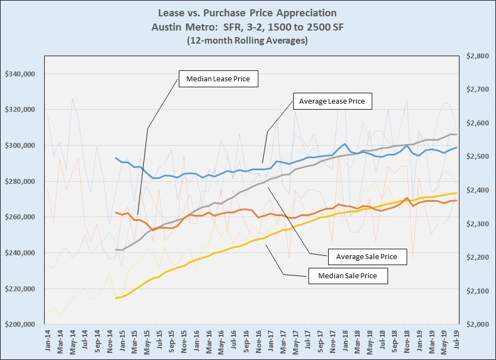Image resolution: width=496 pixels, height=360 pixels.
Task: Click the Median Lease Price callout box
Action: [218, 79]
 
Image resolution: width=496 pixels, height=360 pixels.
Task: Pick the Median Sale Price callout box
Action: [349, 276]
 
